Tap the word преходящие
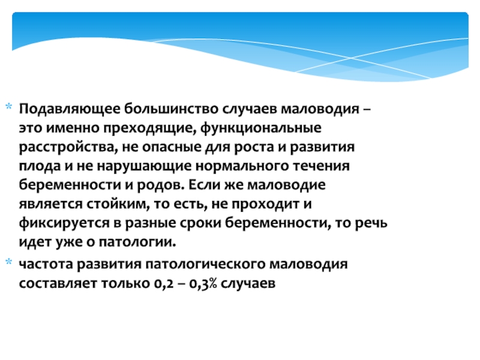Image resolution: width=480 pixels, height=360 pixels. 149,128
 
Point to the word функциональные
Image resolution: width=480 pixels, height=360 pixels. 261,128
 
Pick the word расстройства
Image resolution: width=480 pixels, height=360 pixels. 68,148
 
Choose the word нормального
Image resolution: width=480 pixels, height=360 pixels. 242,167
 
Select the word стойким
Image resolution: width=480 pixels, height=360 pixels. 118,204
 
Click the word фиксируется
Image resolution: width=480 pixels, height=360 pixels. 64,223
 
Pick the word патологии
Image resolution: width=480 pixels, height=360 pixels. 137,242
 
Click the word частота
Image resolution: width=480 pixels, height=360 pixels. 46,264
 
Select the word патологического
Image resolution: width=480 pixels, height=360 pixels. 205,265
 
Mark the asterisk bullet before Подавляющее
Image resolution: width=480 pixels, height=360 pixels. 9,107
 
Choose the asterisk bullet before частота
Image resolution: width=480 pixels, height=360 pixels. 9,262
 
